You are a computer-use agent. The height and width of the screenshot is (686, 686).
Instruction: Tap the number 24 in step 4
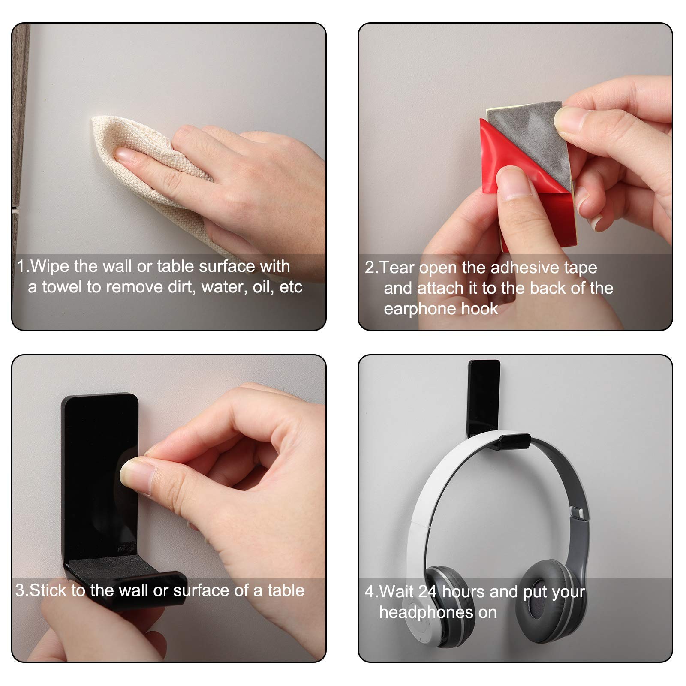[x=427, y=592]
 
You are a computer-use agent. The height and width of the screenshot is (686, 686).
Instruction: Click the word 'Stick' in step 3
[x=48, y=590]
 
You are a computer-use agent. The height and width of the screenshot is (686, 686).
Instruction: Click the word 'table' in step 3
[x=286, y=590]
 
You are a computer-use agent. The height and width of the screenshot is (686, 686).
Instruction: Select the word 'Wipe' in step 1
[x=50, y=266]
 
